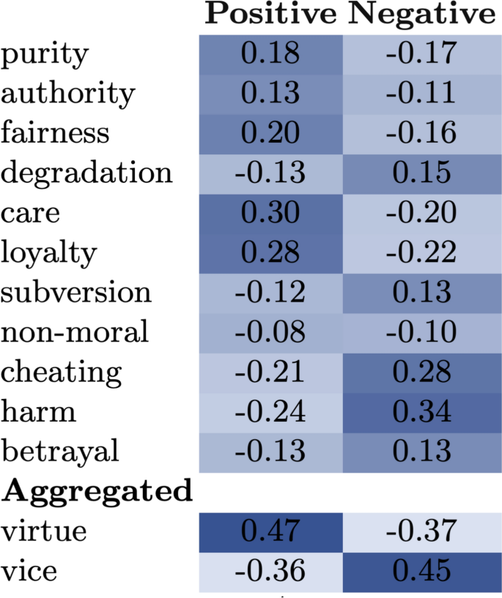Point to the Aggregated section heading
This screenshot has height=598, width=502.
[x=97, y=490]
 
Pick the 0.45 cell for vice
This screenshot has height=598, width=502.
[x=423, y=570]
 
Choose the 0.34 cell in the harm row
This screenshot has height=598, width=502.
[x=423, y=412]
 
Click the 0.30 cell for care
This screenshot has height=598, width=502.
[x=270, y=213]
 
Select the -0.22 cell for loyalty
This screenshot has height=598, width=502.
[x=423, y=253]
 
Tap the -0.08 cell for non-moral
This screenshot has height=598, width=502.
[x=270, y=332]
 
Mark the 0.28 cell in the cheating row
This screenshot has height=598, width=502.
[x=423, y=372]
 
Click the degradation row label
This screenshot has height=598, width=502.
[x=86, y=173]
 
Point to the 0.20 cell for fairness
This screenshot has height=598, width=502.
[x=270, y=134]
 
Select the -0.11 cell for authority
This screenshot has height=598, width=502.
[x=423, y=94]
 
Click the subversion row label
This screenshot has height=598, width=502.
[x=76, y=293]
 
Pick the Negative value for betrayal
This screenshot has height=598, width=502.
[x=423, y=452]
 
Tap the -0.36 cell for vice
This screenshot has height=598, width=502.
[x=270, y=570]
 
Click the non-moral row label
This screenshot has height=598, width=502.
[x=75, y=332]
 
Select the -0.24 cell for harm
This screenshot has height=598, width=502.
[x=270, y=412]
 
